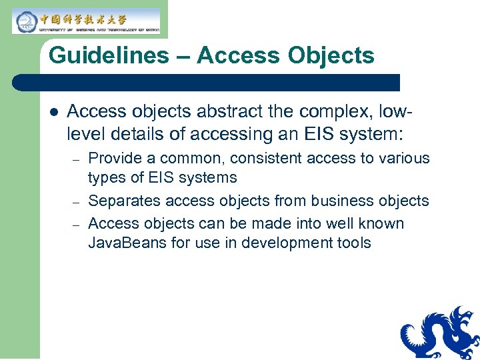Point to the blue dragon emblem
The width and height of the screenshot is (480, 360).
click(441, 333)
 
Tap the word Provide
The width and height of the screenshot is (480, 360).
click(114, 159)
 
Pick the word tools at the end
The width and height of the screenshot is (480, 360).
click(351, 243)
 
